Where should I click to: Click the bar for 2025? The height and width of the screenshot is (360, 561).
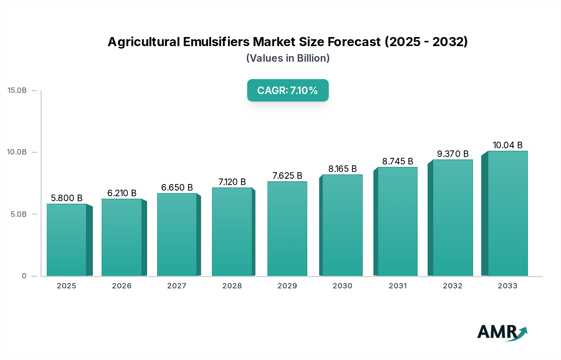coord(66,240)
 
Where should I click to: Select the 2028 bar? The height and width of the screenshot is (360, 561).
coord(232,232)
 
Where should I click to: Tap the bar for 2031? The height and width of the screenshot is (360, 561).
coord(397,221)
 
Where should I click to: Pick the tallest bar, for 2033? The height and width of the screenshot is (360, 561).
coord(507,213)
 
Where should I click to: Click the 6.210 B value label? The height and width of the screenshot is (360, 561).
coord(122,193)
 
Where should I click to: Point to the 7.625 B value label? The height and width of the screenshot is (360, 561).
coord(287,176)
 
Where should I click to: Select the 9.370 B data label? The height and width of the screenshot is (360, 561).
coord(453,154)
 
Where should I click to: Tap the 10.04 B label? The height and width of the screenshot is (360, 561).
coord(507,145)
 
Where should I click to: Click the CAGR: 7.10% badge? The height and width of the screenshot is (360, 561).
coord(288,90)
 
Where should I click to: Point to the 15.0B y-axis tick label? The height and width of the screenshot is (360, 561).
coord(17,90)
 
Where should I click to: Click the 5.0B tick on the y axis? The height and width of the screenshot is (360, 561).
coord(19,214)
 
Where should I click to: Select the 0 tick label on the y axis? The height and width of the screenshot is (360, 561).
coord(24,276)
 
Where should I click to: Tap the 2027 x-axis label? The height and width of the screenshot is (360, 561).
coord(177,286)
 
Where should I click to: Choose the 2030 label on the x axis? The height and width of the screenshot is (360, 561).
coord(342,286)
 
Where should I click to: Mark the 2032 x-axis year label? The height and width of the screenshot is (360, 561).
coord(453,286)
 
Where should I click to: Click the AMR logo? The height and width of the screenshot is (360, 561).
coord(502,332)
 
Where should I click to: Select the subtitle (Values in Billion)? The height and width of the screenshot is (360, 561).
coord(288,58)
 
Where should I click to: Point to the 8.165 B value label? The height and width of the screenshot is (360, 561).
coord(342,169)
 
